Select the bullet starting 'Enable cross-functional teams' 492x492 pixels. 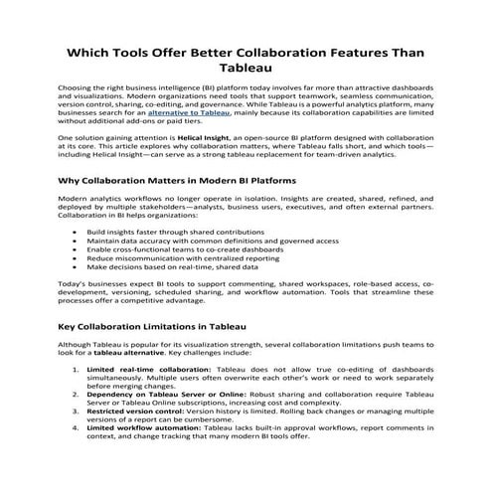(165, 248)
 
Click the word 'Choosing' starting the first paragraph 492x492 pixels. (76, 86)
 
